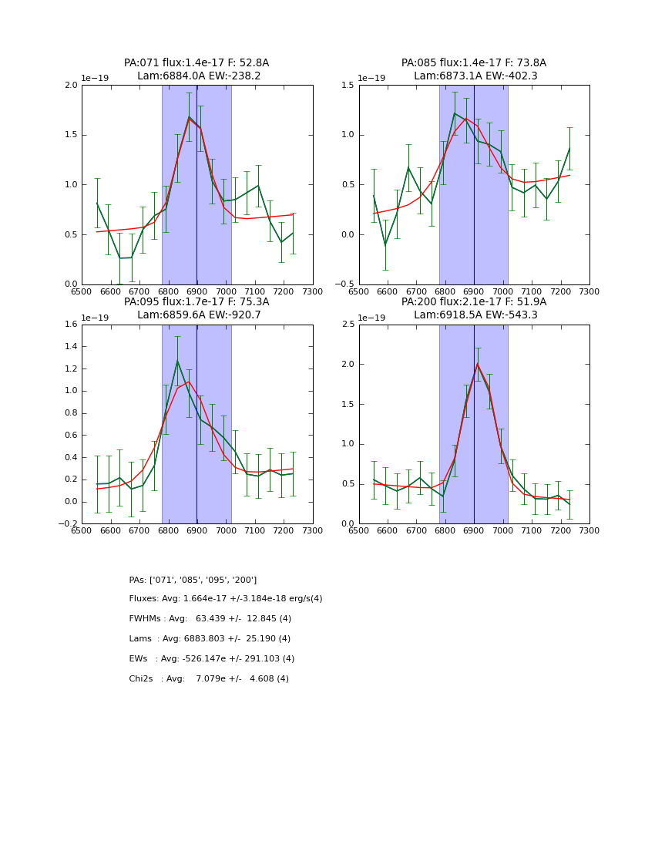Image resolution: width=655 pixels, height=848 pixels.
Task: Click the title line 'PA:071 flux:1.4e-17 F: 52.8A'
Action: pos(196,63)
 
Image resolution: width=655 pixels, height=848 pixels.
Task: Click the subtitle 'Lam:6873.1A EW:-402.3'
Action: pos(474,76)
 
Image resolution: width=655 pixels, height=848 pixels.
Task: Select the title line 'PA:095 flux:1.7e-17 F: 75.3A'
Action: pos(196,302)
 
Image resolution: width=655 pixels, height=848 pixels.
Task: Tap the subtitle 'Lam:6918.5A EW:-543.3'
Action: pos(474,315)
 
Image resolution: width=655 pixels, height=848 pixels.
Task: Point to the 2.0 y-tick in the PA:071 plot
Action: pos(71,86)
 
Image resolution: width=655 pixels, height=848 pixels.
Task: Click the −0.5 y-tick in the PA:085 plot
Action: pos(345,284)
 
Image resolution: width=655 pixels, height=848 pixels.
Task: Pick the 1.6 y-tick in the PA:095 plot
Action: pos(71,325)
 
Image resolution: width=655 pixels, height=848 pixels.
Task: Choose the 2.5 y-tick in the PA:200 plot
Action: pos(348,325)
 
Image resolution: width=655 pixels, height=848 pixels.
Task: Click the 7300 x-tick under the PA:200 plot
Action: pos(589,530)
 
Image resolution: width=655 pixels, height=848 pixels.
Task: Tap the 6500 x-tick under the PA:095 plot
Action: pos(82,530)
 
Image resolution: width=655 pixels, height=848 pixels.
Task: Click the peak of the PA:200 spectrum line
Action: pos(478,364)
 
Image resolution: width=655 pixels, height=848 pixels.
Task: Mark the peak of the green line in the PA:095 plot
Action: pos(177,361)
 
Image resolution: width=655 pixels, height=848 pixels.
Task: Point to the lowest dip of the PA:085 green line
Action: pos(385,245)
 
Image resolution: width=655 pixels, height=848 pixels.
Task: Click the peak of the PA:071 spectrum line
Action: pos(189,117)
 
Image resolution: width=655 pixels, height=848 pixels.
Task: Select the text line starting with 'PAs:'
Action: pos(193,580)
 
